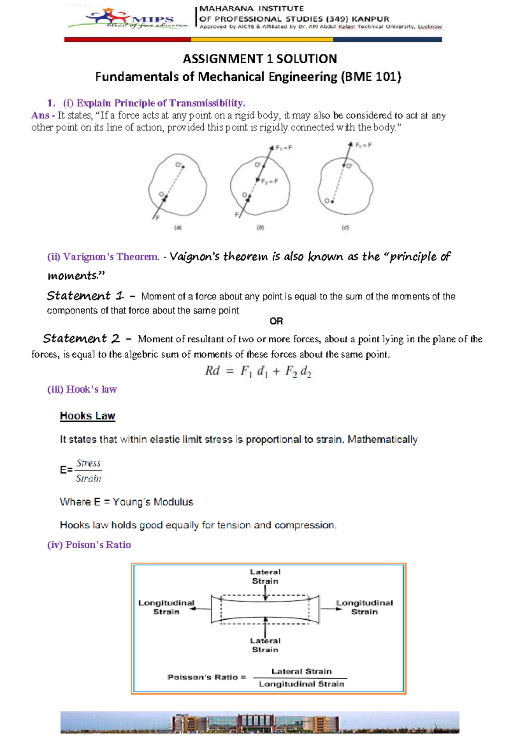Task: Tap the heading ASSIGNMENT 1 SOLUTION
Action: tap(260, 59)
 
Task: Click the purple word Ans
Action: tap(40, 116)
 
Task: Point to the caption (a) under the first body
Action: tap(177, 228)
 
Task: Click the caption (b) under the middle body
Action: tap(260, 228)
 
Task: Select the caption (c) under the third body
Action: tap(345, 228)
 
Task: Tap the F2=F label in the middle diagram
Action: tap(270, 181)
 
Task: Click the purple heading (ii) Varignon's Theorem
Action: tap(103, 257)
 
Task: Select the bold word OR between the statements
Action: tap(276, 321)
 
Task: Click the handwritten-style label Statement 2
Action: tap(81, 339)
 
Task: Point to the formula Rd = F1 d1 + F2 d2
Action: tap(258, 372)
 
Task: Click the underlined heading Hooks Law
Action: tap(87, 416)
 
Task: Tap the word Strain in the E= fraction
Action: tap(88, 478)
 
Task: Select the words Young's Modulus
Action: tap(153, 502)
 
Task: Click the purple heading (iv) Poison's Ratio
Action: tap(89, 545)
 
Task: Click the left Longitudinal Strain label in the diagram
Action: tap(166, 607)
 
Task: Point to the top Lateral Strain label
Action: tap(265, 576)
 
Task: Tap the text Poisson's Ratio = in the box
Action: tap(206, 677)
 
